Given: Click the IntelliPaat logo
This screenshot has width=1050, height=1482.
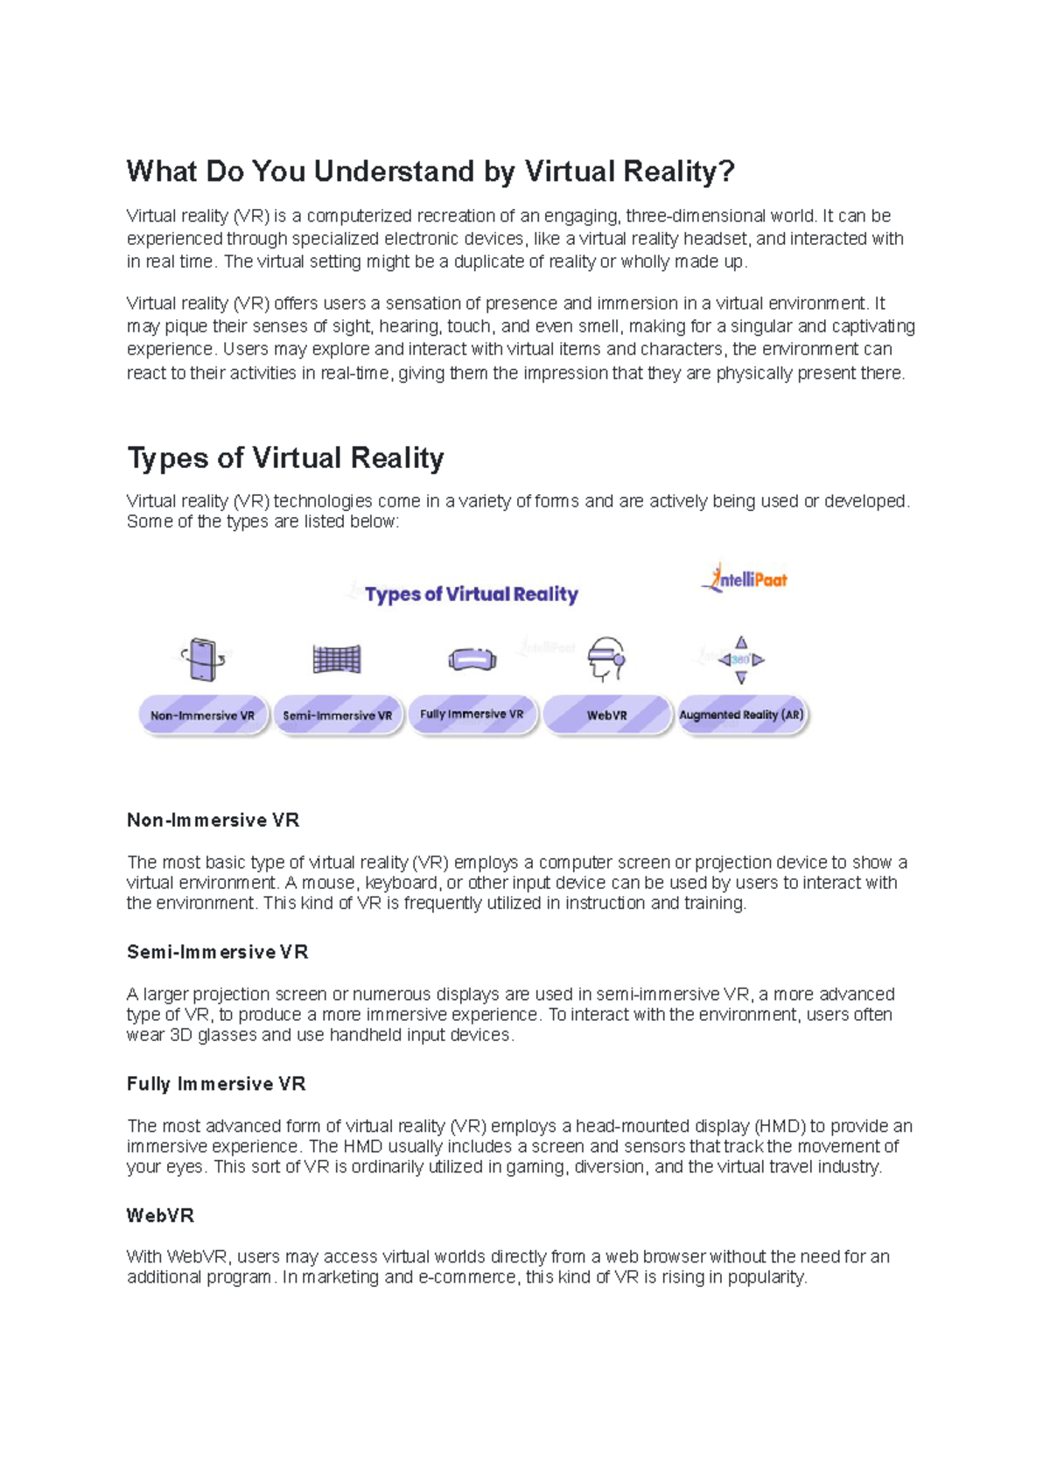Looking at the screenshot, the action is (x=744, y=578).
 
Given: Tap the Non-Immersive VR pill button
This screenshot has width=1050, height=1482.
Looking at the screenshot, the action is (x=203, y=716).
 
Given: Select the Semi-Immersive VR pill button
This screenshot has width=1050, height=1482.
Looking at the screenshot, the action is (x=338, y=716).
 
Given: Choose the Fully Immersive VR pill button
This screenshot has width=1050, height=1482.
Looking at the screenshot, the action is (x=472, y=715).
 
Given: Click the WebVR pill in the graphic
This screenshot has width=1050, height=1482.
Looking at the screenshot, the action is (x=606, y=716).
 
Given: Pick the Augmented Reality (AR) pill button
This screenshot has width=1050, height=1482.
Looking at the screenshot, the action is (x=742, y=715).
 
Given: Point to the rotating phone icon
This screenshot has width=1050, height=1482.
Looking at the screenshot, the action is (x=202, y=659).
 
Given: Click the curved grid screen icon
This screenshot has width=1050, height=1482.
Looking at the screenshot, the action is (x=337, y=659).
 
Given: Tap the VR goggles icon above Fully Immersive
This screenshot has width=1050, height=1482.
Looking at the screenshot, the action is (x=472, y=660).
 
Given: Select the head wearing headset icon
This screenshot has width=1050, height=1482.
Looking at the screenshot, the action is (x=606, y=659).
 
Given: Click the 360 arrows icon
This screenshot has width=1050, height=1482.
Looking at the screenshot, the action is (x=741, y=660).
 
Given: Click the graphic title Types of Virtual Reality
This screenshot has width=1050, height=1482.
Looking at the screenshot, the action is (x=471, y=594).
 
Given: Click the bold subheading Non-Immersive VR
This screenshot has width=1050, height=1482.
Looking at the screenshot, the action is (x=213, y=821).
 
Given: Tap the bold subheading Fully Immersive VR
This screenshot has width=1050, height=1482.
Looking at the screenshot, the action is (x=216, y=1084).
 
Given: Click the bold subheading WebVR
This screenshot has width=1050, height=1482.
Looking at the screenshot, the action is (x=160, y=1215).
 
